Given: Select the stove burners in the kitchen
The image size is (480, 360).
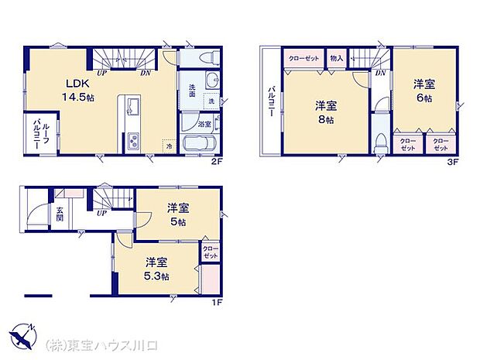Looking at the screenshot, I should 132,141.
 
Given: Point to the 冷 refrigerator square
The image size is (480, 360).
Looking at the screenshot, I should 168,145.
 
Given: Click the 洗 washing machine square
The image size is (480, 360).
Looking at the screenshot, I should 210,101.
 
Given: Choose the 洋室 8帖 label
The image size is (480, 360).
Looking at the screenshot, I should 324,113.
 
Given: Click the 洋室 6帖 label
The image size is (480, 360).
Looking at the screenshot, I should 423,91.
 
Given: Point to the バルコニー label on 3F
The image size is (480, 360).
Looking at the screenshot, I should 271,101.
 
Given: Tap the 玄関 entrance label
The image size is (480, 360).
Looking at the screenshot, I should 60,212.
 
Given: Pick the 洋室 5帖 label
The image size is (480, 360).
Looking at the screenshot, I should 179,214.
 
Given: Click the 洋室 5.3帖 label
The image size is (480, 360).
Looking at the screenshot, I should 156,269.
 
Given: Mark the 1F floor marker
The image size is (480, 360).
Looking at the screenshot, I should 218,302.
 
